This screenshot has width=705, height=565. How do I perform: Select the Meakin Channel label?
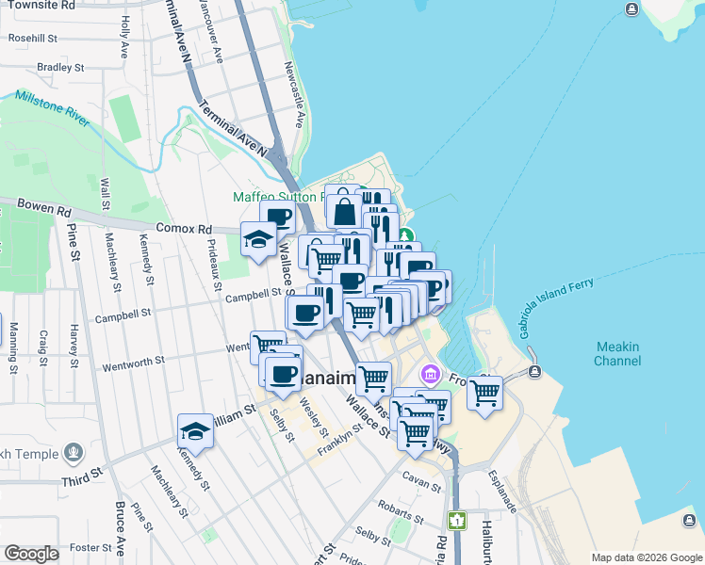click(617, 354)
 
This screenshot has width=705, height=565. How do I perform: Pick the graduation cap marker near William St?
click(195, 431)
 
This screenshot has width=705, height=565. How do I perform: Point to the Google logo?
click(32, 555)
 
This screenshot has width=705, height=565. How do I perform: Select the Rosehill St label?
click(33, 39)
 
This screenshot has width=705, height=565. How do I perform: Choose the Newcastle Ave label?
click(294, 95)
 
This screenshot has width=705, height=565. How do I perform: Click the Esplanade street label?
click(503, 492)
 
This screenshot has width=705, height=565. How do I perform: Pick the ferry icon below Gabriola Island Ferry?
click(534, 372)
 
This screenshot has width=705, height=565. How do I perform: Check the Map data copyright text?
click(647, 557)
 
